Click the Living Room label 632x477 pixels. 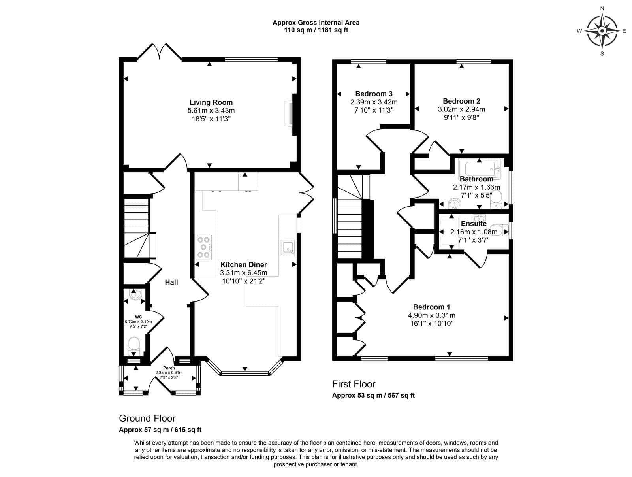[211, 102]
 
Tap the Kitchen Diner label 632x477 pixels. [244, 264]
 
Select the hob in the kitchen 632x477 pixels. [204, 247]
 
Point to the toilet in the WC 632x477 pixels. [134, 346]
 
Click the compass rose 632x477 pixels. [602, 31]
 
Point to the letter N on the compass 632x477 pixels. [602, 9]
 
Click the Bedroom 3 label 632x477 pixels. [374, 94]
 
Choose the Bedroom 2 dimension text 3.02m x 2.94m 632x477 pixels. [461, 109]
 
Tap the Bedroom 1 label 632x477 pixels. [432, 307]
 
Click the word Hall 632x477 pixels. [171, 282]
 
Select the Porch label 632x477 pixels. [169, 368]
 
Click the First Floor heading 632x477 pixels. [354, 384]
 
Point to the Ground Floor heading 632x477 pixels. [147, 418]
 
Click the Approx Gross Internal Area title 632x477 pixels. [316, 23]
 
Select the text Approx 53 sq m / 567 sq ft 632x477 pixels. [373, 396]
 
